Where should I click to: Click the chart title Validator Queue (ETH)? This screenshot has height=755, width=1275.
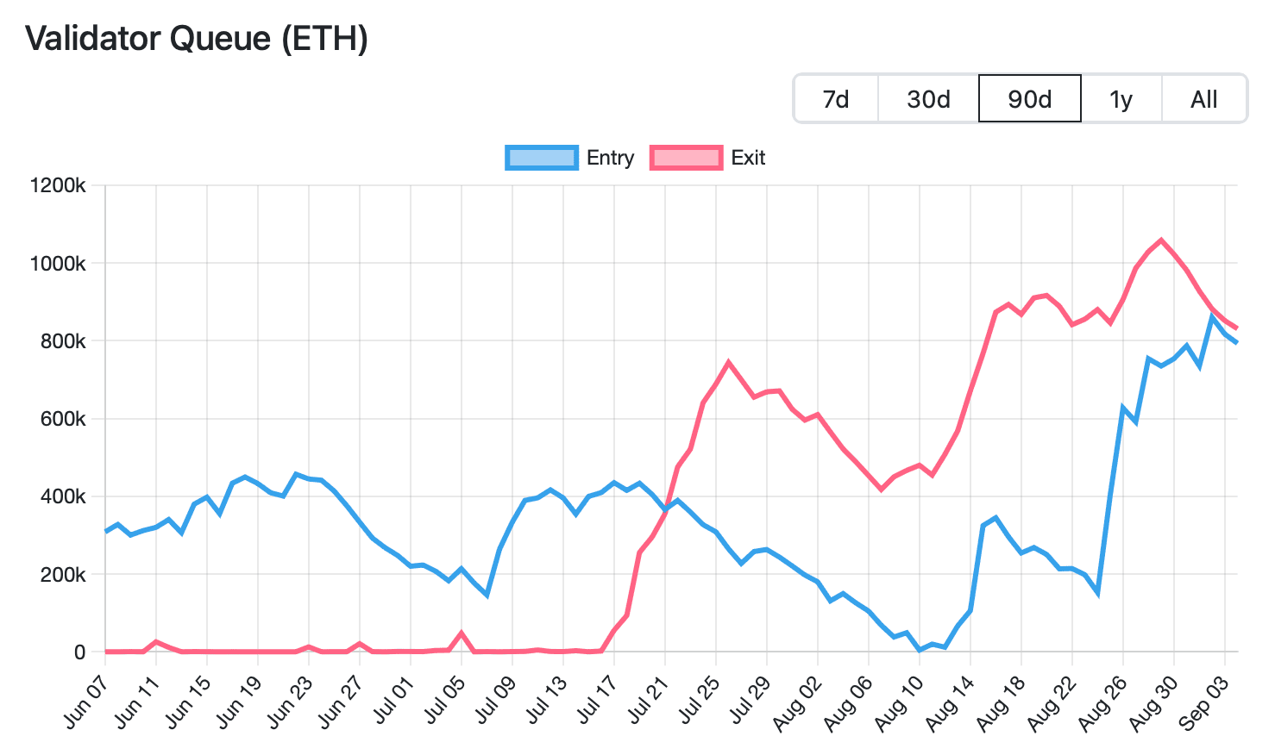pyautogui.click(x=197, y=39)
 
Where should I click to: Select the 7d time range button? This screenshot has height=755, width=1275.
pyautogui.click(x=835, y=99)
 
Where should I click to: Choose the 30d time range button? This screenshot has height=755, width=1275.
pyautogui.click(x=928, y=99)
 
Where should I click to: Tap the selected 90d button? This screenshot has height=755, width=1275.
pyautogui.click(x=1029, y=99)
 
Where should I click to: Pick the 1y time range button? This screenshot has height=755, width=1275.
pyautogui.click(x=1121, y=99)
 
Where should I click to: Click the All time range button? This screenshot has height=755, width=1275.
pyautogui.click(x=1203, y=99)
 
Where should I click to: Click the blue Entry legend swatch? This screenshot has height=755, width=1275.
pyautogui.click(x=541, y=158)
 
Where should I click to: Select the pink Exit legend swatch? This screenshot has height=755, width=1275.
pyautogui.click(x=687, y=158)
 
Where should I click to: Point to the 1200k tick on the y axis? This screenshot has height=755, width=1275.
pyautogui.click(x=57, y=185)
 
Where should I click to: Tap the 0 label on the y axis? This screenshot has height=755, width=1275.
pyautogui.click(x=79, y=652)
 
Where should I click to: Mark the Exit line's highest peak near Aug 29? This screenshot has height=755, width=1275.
pyautogui.click(x=1161, y=240)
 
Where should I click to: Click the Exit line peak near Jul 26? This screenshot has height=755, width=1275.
pyautogui.click(x=729, y=362)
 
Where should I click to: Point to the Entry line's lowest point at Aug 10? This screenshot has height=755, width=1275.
pyautogui.click(x=920, y=649)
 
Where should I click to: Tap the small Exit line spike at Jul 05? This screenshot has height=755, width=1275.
pyautogui.click(x=462, y=633)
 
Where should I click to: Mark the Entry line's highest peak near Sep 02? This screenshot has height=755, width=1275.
pyautogui.click(x=1212, y=318)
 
